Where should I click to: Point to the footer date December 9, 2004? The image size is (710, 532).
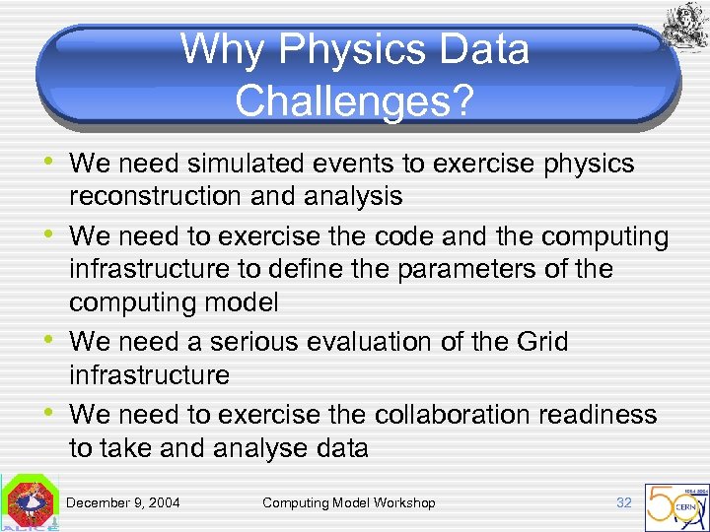[x=123, y=503]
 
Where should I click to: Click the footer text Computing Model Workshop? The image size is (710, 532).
[x=348, y=503]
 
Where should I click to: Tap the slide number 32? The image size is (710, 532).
[x=623, y=502]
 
